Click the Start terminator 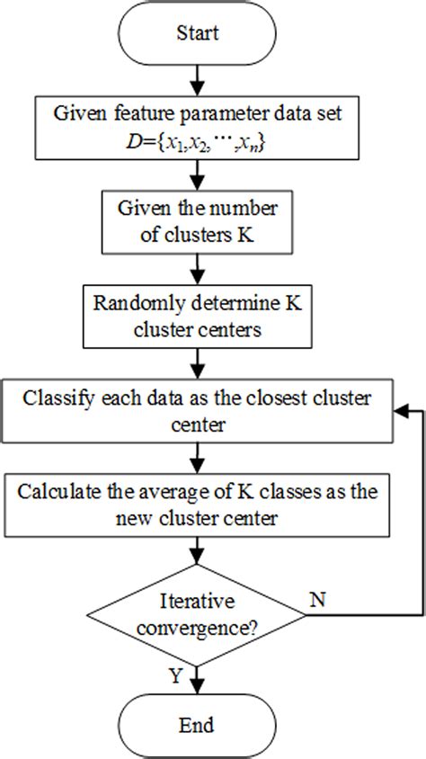pos(196,34)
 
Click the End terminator pos(196,724)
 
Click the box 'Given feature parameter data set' pos(196,128)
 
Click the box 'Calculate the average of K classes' pos(196,506)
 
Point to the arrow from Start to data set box pos(196,82)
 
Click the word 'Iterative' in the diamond pos(195,601)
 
